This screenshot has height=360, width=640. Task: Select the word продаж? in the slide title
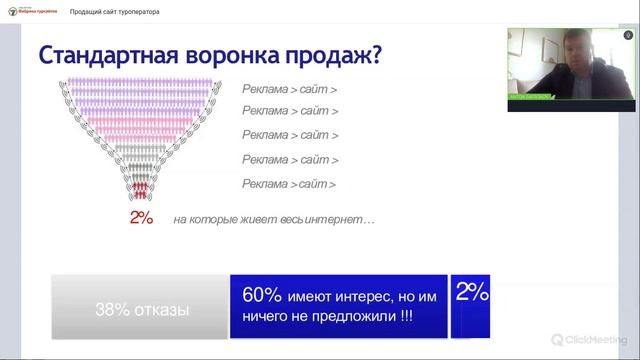click(x=336, y=54)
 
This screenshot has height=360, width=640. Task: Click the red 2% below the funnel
click(x=141, y=218)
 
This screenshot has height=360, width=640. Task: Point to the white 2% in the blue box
click(x=472, y=293)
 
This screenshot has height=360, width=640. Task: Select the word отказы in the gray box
click(x=159, y=310)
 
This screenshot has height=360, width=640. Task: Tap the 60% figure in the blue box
click(x=262, y=296)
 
